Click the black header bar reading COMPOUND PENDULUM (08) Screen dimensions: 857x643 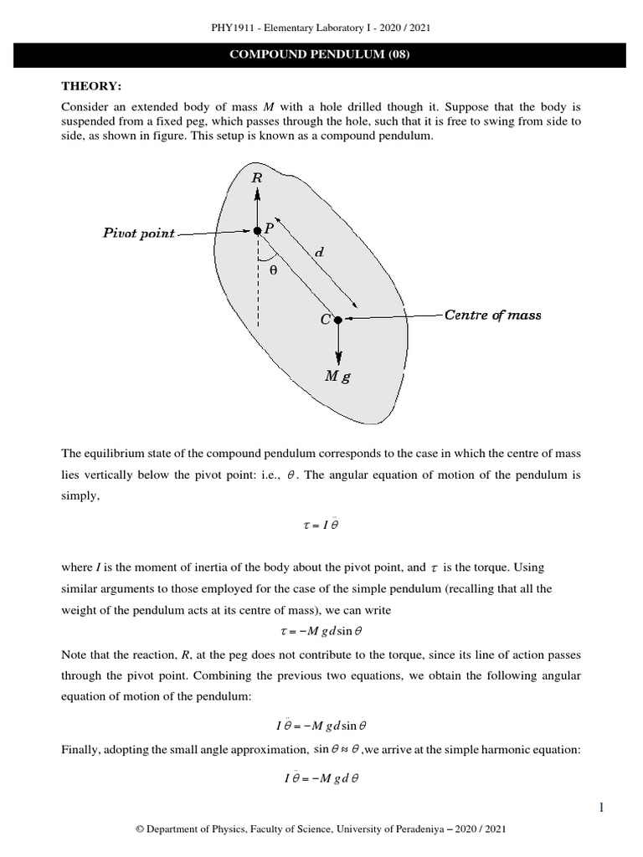pyautogui.click(x=321, y=55)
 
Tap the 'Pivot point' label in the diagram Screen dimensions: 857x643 pyautogui.click(x=138, y=233)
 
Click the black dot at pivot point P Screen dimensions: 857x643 pyautogui.click(x=258, y=231)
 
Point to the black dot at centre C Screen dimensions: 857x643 pyautogui.click(x=337, y=319)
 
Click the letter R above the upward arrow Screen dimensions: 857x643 pyautogui.click(x=256, y=177)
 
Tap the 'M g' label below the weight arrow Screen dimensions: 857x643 pyautogui.click(x=337, y=377)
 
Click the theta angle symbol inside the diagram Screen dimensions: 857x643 pyautogui.click(x=272, y=270)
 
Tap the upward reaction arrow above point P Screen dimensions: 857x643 pyautogui.click(x=258, y=205)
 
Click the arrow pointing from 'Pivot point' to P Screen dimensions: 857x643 pyautogui.click(x=214, y=233)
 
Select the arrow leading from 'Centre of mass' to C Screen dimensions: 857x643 pyautogui.click(x=394, y=317)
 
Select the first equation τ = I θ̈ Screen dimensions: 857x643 pyautogui.click(x=321, y=526)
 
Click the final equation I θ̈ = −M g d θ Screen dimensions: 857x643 pyautogui.click(x=321, y=779)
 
